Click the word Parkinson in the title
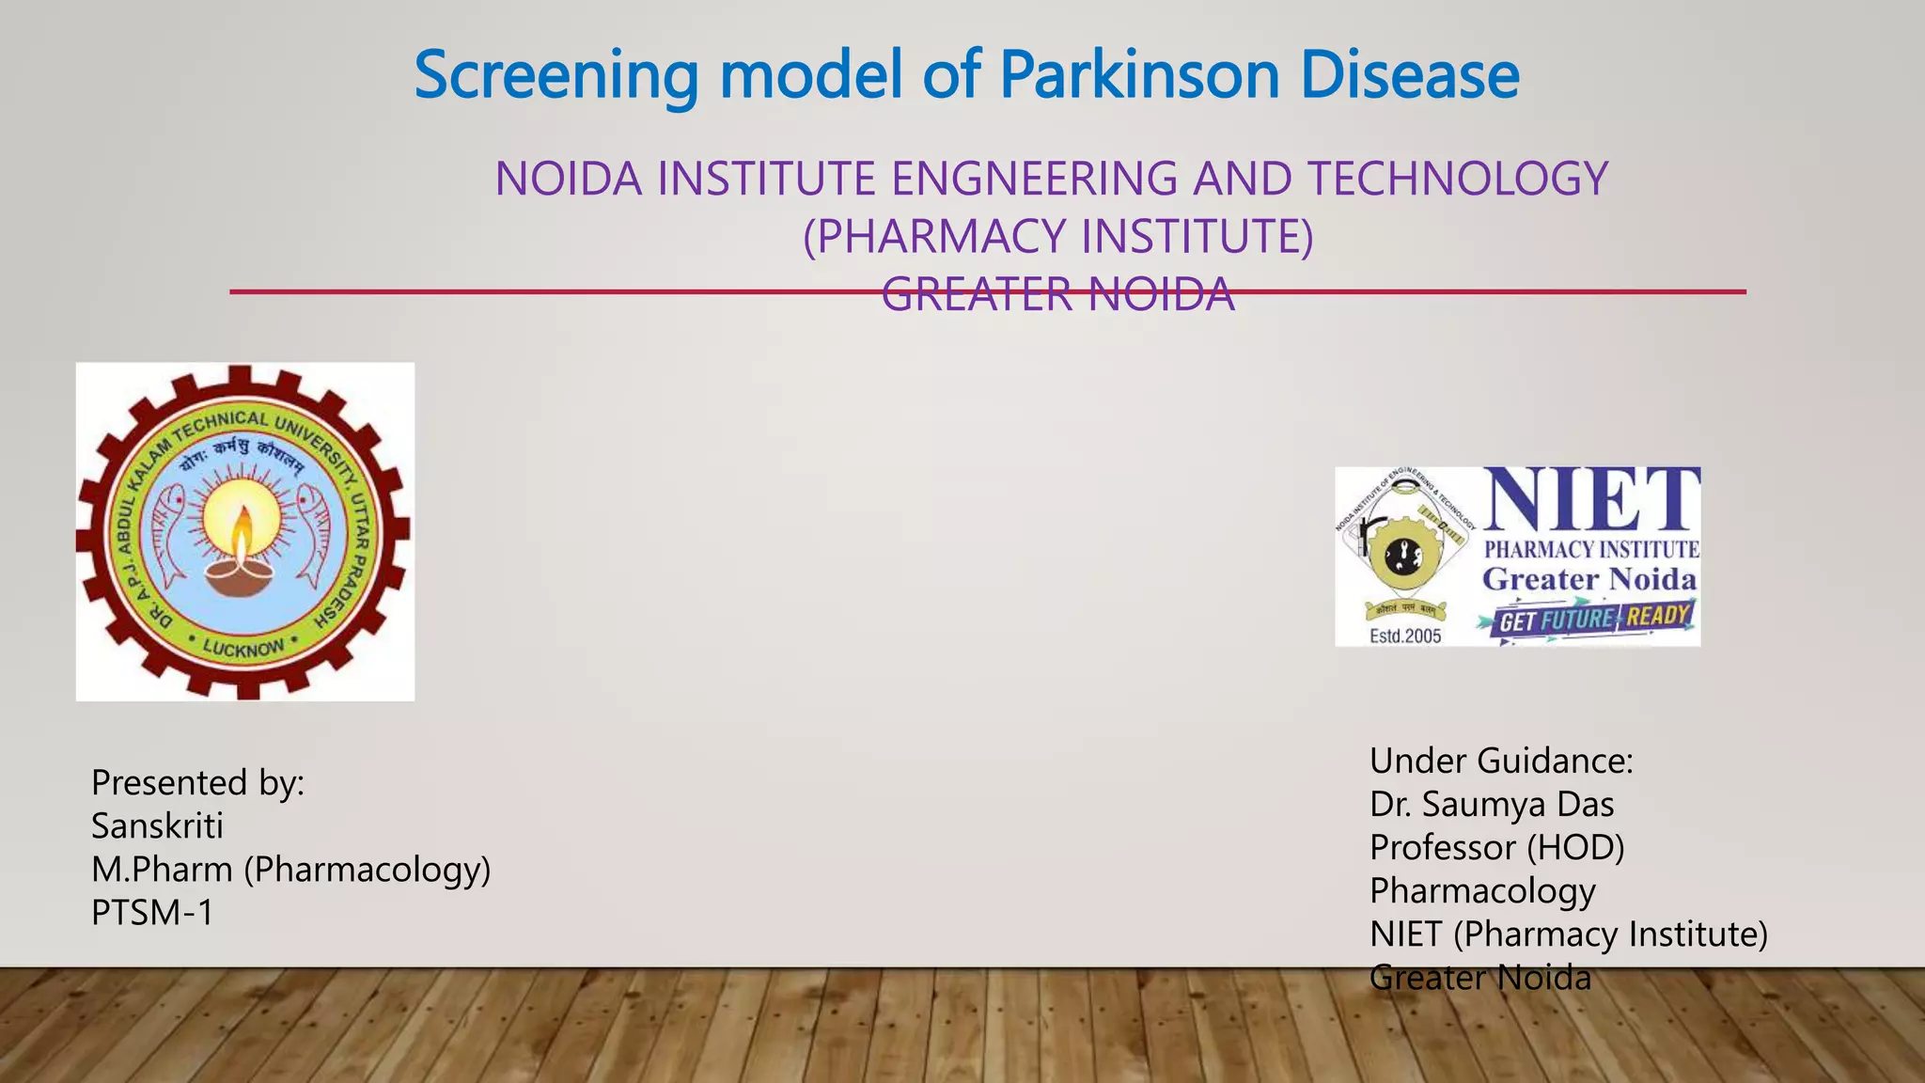pyautogui.click(x=1138, y=75)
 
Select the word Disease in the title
pyautogui.click(x=1409, y=75)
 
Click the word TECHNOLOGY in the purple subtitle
pyautogui.click(x=1457, y=179)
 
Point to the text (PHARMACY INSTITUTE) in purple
pyautogui.click(x=1057, y=236)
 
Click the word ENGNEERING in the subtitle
pyautogui.click(x=1033, y=179)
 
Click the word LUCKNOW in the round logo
pyautogui.click(x=243, y=648)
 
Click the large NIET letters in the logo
pyautogui.click(x=1590, y=501)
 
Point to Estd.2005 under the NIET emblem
pyautogui.click(x=1405, y=636)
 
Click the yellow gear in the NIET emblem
pyautogui.click(x=1402, y=557)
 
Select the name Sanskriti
pyautogui.click(x=157, y=826)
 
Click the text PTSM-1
pyautogui.click(x=152, y=913)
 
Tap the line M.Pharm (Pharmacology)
pyautogui.click(x=290, y=870)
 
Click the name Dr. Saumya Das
pyautogui.click(x=1491, y=805)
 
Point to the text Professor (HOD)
pyautogui.click(x=1496, y=848)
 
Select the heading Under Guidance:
pyautogui.click(x=1501, y=761)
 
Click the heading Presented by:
pyautogui.click(x=197, y=783)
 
